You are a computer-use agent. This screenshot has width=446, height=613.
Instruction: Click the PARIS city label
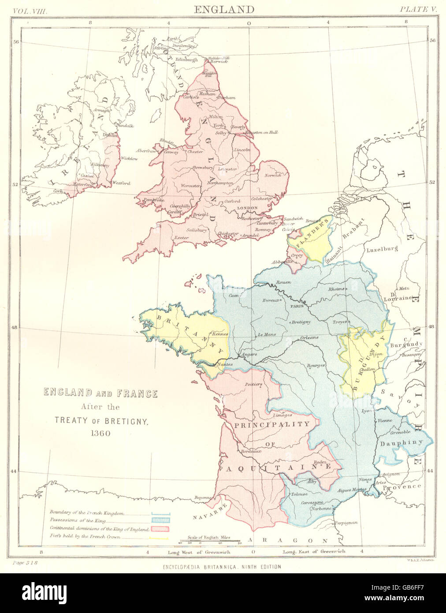[294, 305]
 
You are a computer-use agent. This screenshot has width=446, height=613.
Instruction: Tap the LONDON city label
[247, 207]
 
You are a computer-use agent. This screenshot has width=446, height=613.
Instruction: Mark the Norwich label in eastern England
[272, 176]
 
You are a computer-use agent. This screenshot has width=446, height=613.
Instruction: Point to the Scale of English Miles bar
[209, 540]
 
